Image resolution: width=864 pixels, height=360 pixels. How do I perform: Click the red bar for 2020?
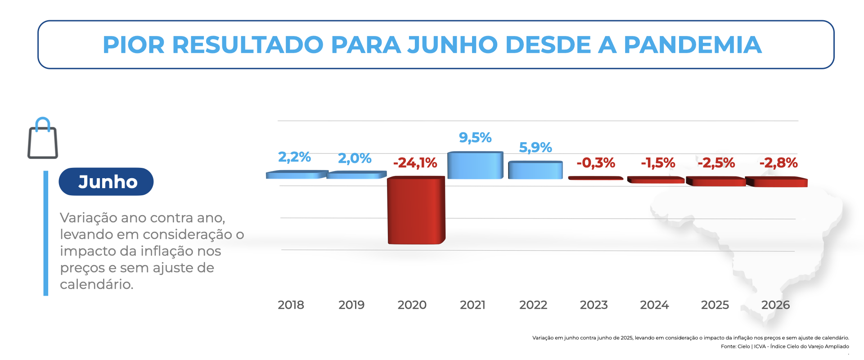(x=416, y=210)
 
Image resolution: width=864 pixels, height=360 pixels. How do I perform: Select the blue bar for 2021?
(x=475, y=165)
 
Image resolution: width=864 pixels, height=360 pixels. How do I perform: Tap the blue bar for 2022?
(x=535, y=170)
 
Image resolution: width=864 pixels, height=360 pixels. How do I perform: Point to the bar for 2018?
(x=297, y=175)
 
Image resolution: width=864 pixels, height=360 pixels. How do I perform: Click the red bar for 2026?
(x=777, y=182)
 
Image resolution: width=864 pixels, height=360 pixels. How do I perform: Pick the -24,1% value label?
(x=415, y=162)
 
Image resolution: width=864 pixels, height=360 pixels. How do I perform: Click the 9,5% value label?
(x=475, y=137)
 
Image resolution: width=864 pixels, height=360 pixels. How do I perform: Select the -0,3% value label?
(x=596, y=162)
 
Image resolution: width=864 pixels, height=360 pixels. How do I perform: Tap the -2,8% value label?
(x=778, y=162)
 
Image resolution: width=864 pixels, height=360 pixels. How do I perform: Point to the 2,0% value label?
(x=355, y=158)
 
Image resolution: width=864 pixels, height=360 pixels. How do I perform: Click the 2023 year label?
(x=594, y=305)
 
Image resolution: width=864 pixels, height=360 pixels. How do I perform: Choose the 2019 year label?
(x=351, y=305)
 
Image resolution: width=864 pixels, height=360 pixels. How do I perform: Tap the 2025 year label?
(x=715, y=305)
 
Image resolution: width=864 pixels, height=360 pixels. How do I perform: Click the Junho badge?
(x=106, y=182)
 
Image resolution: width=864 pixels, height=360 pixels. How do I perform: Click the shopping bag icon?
(x=43, y=138)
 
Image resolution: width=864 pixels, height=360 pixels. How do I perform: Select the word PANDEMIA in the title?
(x=693, y=45)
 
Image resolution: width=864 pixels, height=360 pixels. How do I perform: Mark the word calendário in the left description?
(x=97, y=284)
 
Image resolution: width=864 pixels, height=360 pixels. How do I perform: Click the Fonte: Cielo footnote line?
(x=785, y=346)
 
